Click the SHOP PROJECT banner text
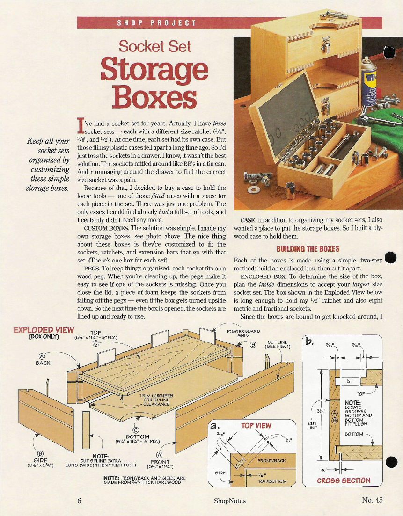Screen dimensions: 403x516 click(x=157, y=23)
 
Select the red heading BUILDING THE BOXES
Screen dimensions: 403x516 click(x=308, y=249)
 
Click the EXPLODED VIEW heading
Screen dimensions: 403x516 click(x=44, y=330)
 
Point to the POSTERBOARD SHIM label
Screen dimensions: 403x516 click(x=243, y=334)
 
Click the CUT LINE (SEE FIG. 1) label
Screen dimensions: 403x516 click(x=278, y=344)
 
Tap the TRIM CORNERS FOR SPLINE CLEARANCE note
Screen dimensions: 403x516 click(x=156, y=400)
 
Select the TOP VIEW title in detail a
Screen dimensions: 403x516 click(x=256, y=426)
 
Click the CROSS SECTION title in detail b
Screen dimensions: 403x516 click(x=344, y=480)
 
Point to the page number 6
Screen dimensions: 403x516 click(x=79, y=501)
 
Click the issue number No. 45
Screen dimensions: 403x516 click(x=373, y=500)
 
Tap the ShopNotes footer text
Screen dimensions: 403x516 click(x=230, y=501)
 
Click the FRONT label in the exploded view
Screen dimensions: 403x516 click(x=160, y=462)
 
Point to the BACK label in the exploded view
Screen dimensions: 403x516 click(x=43, y=363)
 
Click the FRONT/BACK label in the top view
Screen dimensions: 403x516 click(x=271, y=461)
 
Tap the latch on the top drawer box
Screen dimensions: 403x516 click(x=326, y=44)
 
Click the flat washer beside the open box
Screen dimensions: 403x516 click(x=254, y=190)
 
